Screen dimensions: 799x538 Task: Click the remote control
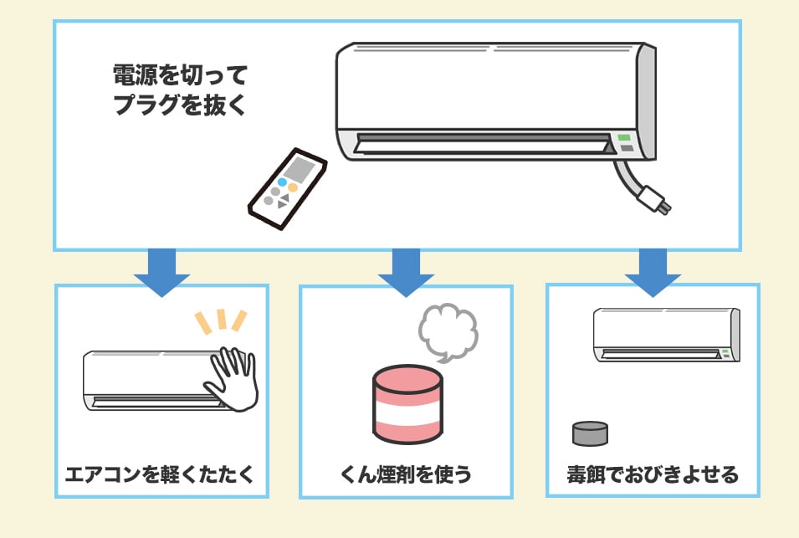point(288,188)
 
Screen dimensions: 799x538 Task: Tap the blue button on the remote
point(282,182)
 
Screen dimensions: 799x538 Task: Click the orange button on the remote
point(293,187)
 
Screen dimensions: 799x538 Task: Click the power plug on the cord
point(655,199)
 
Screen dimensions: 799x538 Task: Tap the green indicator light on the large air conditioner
point(624,137)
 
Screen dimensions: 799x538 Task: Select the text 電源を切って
point(180,75)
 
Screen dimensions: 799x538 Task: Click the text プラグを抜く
point(179,105)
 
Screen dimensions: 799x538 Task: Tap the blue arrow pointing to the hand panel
point(162,272)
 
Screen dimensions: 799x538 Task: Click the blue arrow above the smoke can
point(406,272)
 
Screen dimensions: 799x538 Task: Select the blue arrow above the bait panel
point(653,272)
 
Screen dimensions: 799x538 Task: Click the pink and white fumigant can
point(407,403)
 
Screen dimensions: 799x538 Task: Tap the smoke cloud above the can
point(448,332)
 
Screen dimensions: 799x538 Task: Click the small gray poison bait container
point(590,433)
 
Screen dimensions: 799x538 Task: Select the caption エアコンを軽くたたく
point(160,474)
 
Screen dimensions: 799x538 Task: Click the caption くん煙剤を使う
point(406,474)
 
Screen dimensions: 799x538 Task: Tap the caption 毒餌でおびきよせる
point(653,474)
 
